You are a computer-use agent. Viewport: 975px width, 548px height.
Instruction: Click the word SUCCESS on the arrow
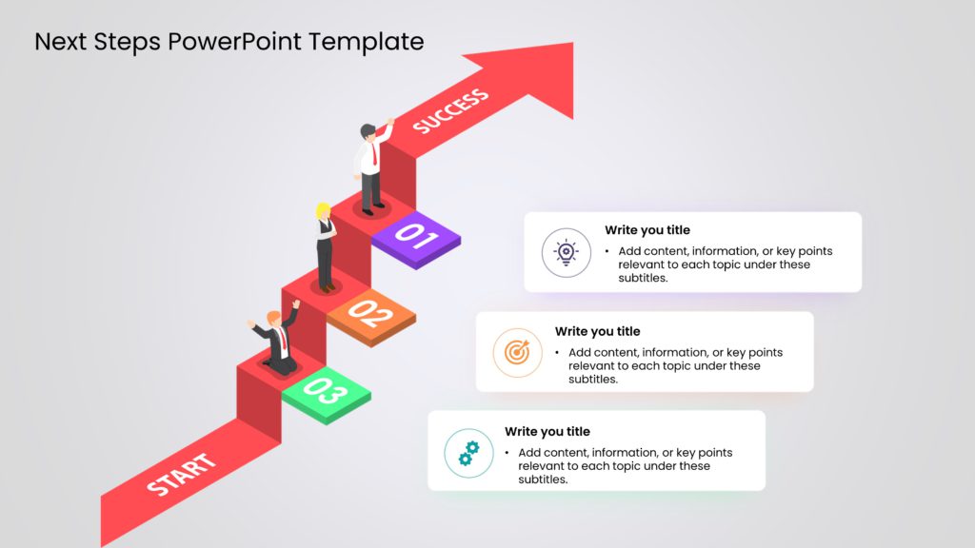pos(450,111)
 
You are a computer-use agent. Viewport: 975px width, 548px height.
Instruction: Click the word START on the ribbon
pos(181,476)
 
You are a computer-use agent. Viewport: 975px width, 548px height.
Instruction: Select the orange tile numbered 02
pos(370,312)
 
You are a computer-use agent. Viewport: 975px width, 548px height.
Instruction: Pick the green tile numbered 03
pos(326,390)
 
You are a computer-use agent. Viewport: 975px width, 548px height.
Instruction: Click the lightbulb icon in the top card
pos(567,252)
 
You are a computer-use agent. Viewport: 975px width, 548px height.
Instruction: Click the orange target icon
pos(517,353)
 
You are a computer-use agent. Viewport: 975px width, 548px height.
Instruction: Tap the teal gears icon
pos(468,453)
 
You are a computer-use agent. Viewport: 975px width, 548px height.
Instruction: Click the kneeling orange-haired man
pos(277,341)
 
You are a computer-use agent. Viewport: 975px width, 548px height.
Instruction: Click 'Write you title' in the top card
pos(647,230)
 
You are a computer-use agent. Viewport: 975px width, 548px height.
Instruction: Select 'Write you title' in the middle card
pos(597,331)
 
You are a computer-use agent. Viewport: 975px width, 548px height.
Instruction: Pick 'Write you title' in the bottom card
pos(547,431)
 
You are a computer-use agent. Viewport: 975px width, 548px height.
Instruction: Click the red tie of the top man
pos(374,151)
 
